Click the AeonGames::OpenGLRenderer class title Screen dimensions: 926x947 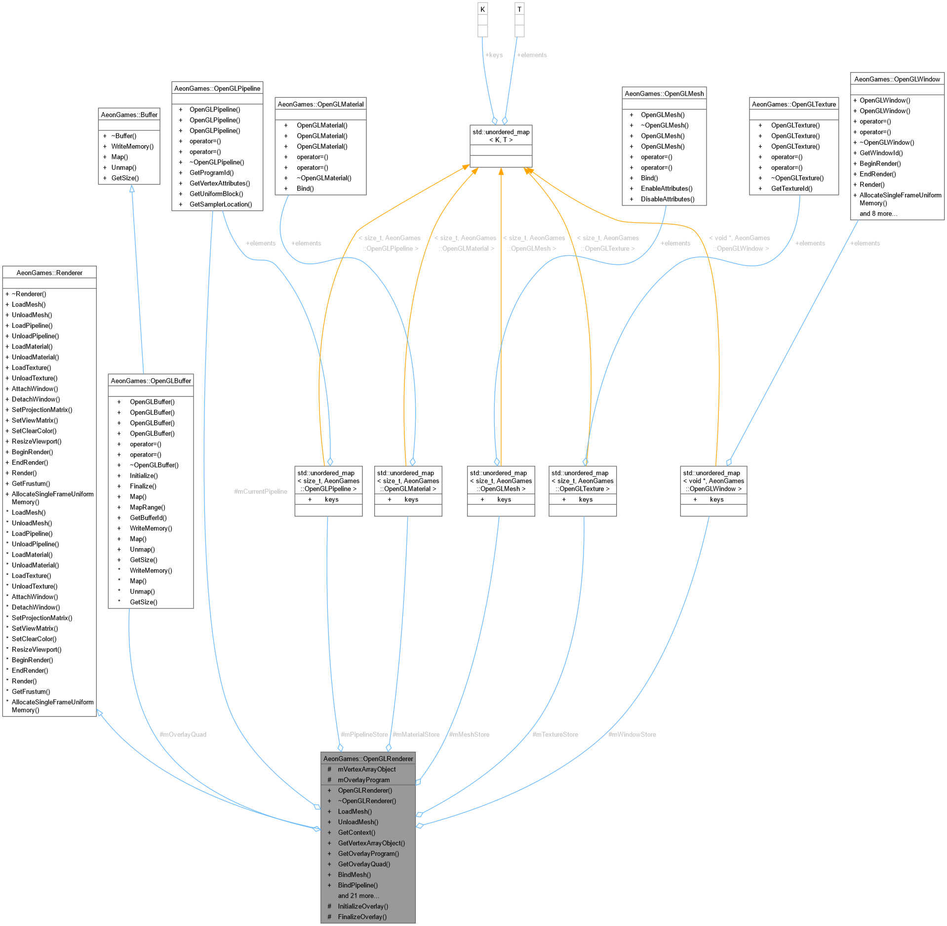368,759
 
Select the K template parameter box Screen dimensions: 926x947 482,9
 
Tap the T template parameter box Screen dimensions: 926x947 519,9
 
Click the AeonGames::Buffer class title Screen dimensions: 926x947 129,115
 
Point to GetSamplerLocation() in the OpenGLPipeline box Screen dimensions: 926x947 220,204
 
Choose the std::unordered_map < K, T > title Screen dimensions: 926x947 501,136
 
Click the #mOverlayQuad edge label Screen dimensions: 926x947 183,734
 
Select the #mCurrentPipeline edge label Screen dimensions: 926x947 260,491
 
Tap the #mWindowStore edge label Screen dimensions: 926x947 632,734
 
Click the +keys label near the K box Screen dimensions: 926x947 494,55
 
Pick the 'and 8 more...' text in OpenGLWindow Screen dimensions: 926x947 878,214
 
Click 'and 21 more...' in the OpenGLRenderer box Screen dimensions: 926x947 358,896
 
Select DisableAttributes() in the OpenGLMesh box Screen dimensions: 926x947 667,200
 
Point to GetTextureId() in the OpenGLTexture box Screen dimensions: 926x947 791,189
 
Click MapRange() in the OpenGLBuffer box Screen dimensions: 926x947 147,507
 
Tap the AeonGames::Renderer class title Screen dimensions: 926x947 49,273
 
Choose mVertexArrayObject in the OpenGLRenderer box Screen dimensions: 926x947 366,769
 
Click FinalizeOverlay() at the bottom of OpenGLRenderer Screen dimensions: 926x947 362,917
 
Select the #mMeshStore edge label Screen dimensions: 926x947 469,734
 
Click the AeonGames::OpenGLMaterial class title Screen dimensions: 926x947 320,104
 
